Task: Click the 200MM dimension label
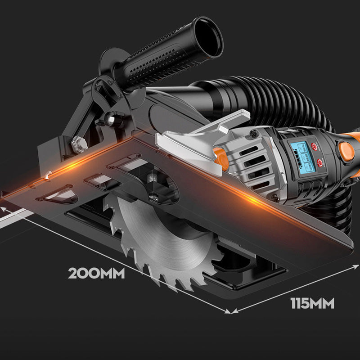coord(96,273)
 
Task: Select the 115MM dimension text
coord(312,304)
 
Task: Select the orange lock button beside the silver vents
coord(220,158)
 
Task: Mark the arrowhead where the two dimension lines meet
coord(230,310)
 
